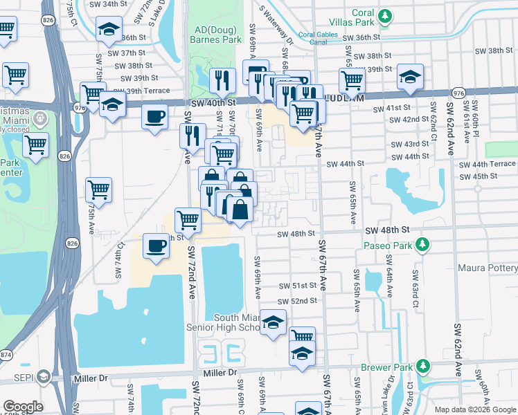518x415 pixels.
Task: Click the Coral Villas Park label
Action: pyautogui.click(x=353, y=14)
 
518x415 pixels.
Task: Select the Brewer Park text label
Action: pyautogui.click(x=386, y=367)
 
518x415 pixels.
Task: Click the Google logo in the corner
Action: pyautogui.click(x=23, y=407)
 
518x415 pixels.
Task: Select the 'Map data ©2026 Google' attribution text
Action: pyautogui.click(x=475, y=409)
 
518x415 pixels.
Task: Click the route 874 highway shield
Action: pyautogui.click(x=6, y=354)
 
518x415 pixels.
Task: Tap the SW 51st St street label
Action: pyautogui.click(x=298, y=285)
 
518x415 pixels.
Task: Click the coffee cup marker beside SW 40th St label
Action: pyautogui.click(x=155, y=116)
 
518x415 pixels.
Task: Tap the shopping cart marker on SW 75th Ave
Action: pyautogui.click(x=99, y=190)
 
